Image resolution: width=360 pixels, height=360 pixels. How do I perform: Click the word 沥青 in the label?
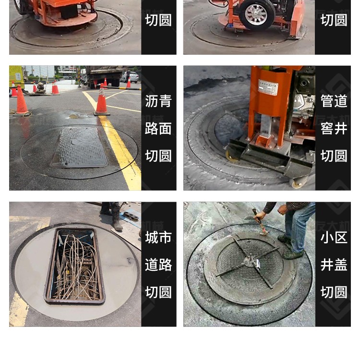point(158,101)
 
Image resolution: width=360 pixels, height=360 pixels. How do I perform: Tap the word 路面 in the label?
point(158,128)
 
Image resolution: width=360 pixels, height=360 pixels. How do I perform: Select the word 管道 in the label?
point(334,101)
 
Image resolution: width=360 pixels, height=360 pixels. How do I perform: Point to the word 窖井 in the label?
point(334,128)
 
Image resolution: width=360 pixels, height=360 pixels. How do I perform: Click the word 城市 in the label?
point(158,237)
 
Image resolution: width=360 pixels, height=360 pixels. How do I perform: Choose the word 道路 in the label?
point(158,264)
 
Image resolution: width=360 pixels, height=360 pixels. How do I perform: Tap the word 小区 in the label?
point(334,237)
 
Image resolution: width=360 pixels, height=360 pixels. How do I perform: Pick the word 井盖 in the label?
point(334,264)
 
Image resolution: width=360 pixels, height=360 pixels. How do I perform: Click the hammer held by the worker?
point(260,222)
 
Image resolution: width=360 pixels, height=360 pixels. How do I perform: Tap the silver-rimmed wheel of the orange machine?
point(256,15)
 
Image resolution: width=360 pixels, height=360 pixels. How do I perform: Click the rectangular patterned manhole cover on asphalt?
point(79,147)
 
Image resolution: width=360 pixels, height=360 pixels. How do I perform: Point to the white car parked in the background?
point(130,77)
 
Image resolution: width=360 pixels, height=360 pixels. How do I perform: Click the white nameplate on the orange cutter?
point(268,87)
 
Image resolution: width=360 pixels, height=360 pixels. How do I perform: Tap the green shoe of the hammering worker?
point(293,254)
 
